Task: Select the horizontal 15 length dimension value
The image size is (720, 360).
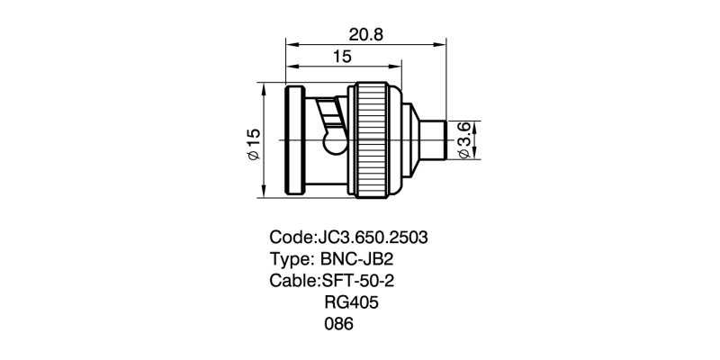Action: pyautogui.click(x=342, y=58)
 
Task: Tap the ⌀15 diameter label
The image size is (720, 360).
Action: pyautogui.click(x=253, y=144)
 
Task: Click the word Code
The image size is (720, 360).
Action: pyautogui.click(x=290, y=238)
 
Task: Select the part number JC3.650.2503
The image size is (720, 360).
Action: pyautogui.click(x=371, y=238)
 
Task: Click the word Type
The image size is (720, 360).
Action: pyautogui.click(x=290, y=259)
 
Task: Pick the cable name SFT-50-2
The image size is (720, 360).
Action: pyautogui.click(x=358, y=281)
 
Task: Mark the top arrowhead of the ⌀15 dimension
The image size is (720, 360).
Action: pyautogui.click(x=262, y=90)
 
